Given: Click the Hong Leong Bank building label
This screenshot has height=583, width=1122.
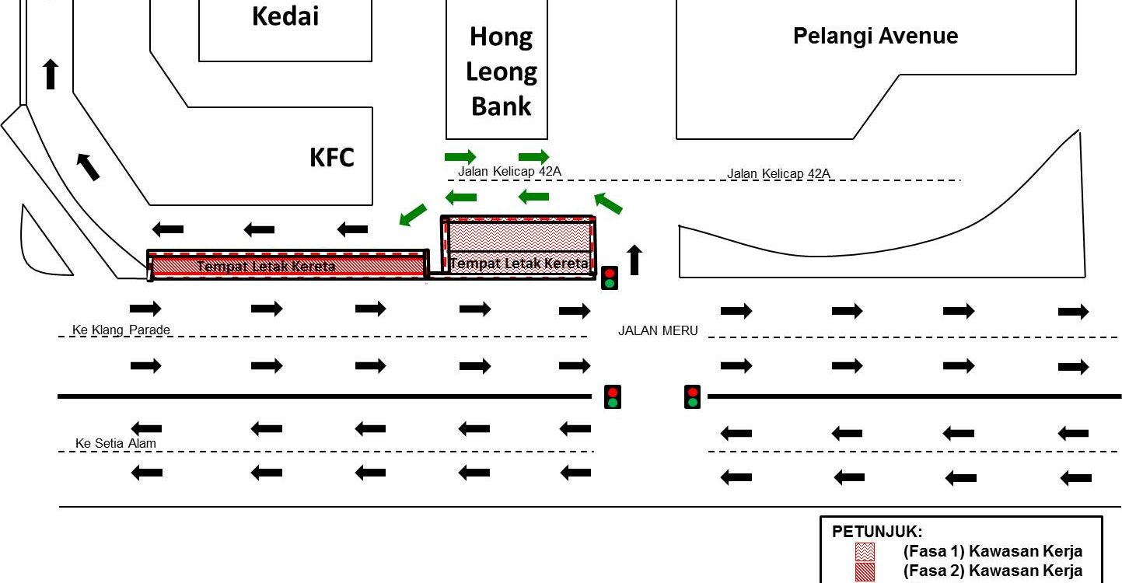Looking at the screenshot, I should pos(502,71).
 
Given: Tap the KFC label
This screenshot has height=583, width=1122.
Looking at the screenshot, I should pos(332,158).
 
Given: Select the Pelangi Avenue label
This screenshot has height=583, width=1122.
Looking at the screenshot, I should pos(875,36).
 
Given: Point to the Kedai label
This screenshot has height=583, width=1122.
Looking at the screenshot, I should pos(285,16).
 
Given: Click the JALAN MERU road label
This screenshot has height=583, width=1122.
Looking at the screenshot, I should pos(658,331).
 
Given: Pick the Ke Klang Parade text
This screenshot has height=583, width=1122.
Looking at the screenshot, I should pos(121,330).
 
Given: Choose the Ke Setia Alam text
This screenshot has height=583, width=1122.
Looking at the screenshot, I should pos(116,444).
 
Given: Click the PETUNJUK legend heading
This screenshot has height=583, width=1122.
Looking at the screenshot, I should pos(877,532).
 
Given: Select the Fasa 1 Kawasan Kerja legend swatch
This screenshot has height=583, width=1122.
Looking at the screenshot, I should pos(865,552).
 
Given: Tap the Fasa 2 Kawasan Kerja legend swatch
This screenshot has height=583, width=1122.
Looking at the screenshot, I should pos(865,571).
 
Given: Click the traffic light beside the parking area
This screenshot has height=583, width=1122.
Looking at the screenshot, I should pos(610,278).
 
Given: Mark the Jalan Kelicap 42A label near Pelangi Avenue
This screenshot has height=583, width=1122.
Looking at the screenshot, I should pos(778,174).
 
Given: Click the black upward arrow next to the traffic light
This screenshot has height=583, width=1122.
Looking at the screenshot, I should pos(634,260).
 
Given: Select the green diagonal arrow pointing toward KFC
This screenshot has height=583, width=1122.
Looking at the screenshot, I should pos(413,215).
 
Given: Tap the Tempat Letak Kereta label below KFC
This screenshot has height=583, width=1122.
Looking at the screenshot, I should pos(266,267).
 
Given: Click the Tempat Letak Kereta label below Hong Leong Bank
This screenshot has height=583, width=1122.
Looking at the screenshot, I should pos(519,264).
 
